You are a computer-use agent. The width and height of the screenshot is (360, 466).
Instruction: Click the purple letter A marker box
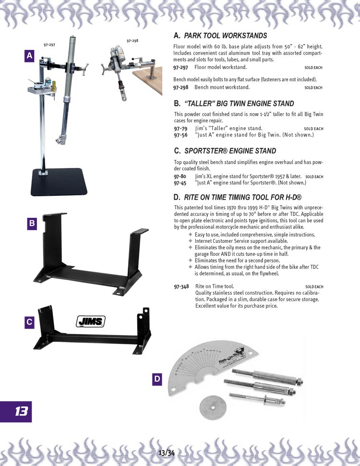click(x=29, y=56)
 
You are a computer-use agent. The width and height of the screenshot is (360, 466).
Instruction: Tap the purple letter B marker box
click(x=32, y=224)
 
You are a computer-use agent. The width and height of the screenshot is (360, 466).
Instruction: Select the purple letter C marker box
click(x=29, y=322)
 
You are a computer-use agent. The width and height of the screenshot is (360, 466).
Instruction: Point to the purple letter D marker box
click(x=157, y=379)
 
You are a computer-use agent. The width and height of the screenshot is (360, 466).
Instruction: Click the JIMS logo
click(x=91, y=321)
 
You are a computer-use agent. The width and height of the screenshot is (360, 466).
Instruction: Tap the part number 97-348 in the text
click(x=181, y=287)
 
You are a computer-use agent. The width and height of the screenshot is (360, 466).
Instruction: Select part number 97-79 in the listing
click(x=181, y=129)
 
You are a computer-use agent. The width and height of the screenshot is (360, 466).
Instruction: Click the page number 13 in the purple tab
click(x=22, y=412)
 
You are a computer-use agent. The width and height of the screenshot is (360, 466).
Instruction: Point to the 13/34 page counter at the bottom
click(x=167, y=453)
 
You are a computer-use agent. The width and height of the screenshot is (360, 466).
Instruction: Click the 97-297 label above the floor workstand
click(x=49, y=45)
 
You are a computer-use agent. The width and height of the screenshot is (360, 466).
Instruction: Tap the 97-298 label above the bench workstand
click(x=132, y=41)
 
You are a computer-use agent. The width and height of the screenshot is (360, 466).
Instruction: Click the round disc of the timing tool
click(x=213, y=408)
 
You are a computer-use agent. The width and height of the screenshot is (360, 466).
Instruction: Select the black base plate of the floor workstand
click(x=59, y=182)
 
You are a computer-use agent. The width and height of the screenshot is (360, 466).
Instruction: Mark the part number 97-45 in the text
click(x=180, y=183)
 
